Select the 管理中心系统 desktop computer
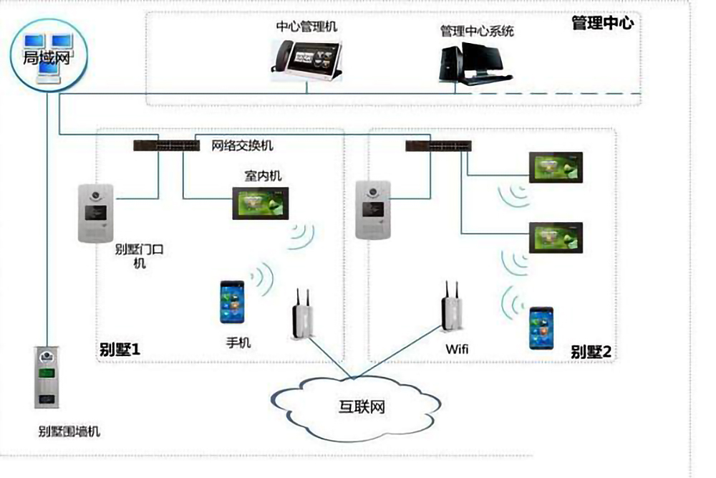click(x=473, y=60)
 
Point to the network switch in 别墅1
click(x=166, y=145)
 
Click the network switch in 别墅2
click(x=438, y=145)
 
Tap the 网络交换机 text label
click(x=242, y=146)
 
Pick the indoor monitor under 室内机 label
click(x=260, y=203)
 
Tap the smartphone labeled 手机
click(x=233, y=303)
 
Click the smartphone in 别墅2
click(x=541, y=328)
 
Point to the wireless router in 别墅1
click(x=303, y=318)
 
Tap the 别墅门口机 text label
click(x=140, y=256)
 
